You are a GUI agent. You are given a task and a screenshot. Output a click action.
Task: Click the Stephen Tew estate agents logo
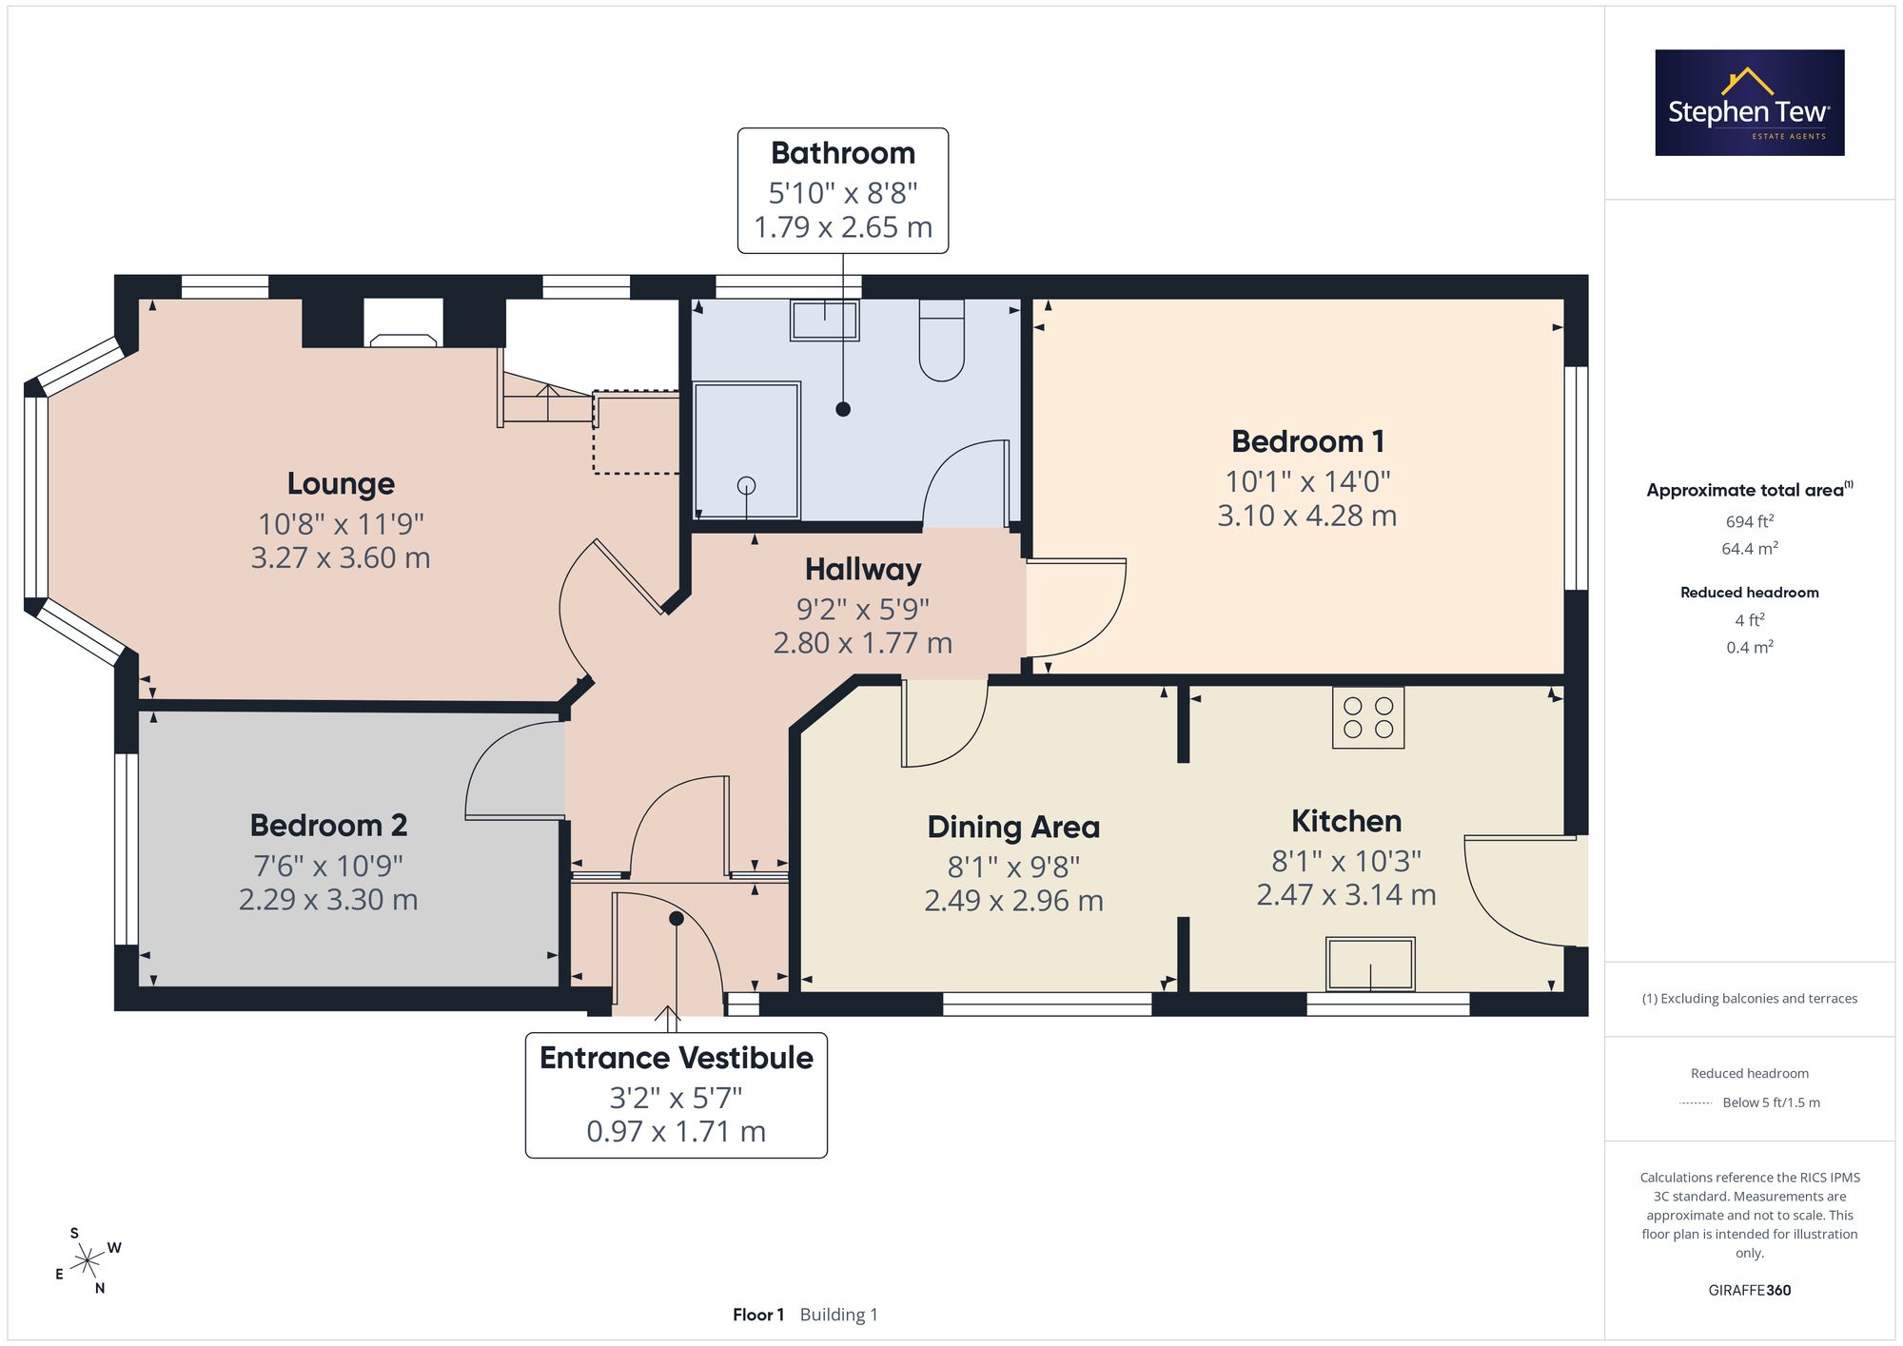[x=1750, y=103]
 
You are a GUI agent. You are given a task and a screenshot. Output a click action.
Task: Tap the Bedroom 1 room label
[x=1307, y=441]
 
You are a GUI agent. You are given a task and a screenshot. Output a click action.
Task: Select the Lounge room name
[x=341, y=484]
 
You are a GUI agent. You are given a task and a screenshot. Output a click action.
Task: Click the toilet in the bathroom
[x=942, y=341]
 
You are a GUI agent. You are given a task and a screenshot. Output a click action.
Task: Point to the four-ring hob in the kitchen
[x=1368, y=717]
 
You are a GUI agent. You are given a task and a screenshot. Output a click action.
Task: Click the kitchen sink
[x=1371, y=964]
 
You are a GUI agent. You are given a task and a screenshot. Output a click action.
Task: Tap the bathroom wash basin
[x=825, y=320]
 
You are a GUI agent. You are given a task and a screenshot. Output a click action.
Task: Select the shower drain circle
[x=747, y=485]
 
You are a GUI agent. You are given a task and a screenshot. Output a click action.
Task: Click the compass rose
[x=88, y=1261]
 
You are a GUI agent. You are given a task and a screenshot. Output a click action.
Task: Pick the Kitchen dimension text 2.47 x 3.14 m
[x=1346, y=895]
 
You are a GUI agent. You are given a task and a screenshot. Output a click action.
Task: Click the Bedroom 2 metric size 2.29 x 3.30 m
[x=328, y=900]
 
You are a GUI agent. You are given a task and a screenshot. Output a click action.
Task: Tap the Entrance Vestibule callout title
[x=677, y=1058]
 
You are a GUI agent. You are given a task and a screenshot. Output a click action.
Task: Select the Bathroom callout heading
[x=843, y=153]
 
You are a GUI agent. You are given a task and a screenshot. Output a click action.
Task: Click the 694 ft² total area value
[x=1750, y=521]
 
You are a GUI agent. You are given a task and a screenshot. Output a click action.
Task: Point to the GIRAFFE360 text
[x=1750, y=1290]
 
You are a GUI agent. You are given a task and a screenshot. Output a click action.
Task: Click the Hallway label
[x=863, y=570]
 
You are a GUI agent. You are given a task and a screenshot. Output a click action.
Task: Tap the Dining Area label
[x=1013, y=828]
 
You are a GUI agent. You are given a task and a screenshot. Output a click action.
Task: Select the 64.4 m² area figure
[x=1750, y=549]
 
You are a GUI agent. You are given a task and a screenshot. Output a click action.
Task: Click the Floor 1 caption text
[x=758, y=1315]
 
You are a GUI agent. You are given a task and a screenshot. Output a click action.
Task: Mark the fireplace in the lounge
[x=403, y=322]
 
